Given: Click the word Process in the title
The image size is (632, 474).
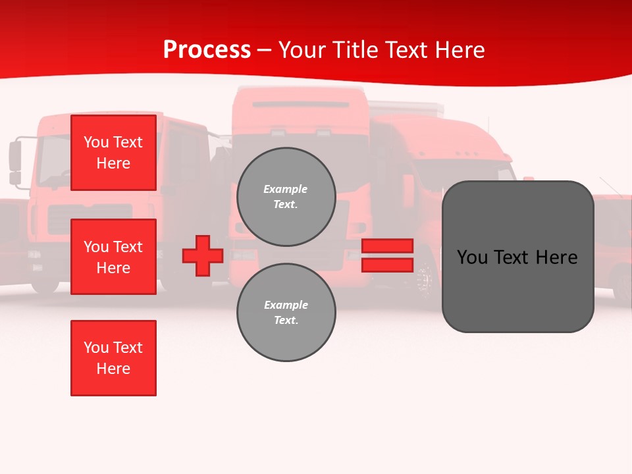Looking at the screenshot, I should [x=207, y=50].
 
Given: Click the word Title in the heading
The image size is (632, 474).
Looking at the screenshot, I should [x=355, y=50].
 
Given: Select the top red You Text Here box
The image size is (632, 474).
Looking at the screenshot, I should [x=113, y=153].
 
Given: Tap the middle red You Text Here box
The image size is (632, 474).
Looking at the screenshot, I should [x=113, y=257].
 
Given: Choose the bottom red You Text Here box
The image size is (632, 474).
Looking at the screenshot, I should [x=113, y=358].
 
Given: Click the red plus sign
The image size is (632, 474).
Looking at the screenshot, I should [x=203, y=256].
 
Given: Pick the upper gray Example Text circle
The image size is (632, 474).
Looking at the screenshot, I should [x=286, y=197].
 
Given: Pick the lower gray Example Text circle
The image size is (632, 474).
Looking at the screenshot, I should [x=286, y=313].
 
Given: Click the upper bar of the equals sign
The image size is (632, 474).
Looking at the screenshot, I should [x=387, y=246].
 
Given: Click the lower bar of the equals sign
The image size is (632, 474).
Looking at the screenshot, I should [x=387, y=265].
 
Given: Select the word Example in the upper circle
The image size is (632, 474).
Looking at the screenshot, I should [x=285, y=189].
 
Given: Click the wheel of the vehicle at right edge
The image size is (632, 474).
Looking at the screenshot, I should [x=621, y=283].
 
